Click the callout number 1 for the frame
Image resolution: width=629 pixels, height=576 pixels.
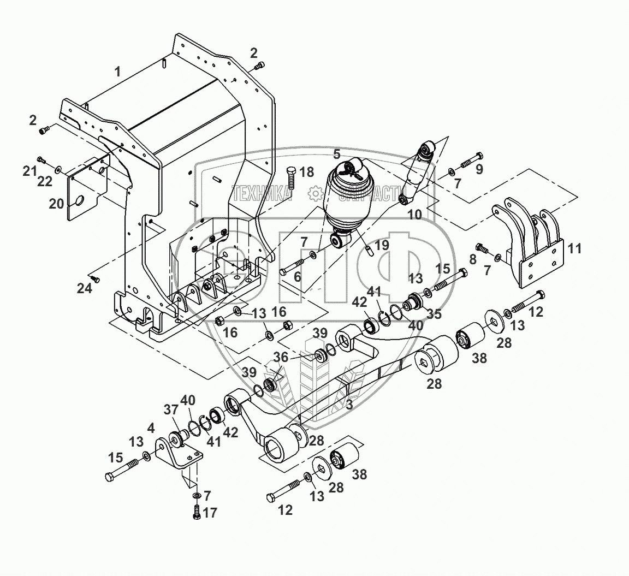click(x=117, y=72)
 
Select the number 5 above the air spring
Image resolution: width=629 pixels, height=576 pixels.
click(x=337, y=154)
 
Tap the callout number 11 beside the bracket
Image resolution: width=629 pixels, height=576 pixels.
click(x=574, y=250)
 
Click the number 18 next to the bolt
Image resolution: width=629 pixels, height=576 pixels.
click(x=307, y=173)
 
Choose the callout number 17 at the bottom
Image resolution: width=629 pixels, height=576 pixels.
click(x=210, y=513)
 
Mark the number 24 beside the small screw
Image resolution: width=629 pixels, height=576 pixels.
click(x=84, y=289)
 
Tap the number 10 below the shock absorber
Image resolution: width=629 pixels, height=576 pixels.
click(x=415, y=215)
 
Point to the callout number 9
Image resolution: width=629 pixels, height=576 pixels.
click(x=479, y=169)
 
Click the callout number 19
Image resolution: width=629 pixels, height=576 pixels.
click(x=382, y=245)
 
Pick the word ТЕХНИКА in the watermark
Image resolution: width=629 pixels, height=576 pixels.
click(x=262, y=193)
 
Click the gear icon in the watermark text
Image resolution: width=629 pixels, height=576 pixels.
click(x=314, y=193)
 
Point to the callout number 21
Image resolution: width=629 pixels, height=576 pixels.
click(x=29, y=171)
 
